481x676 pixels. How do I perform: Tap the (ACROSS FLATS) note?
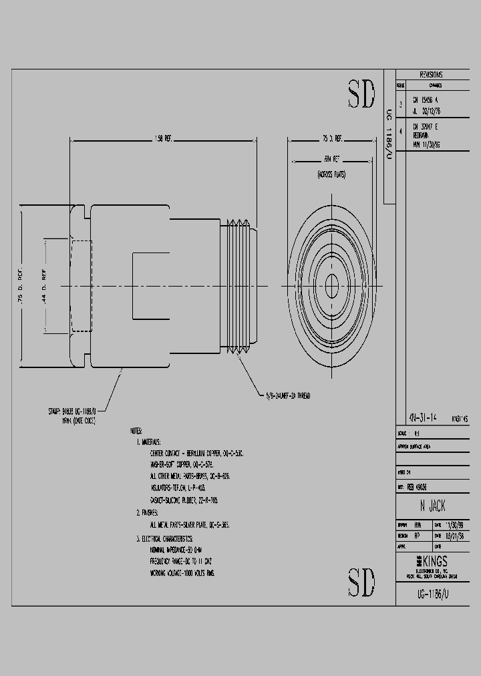coord(331,174)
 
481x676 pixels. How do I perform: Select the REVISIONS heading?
coord(431,75)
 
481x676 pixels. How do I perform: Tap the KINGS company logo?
coord(431,562)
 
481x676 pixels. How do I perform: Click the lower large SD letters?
coord(361,582)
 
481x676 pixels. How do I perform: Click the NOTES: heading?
coord(138,432)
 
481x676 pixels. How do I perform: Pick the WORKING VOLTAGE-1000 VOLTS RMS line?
coord(186,573)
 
